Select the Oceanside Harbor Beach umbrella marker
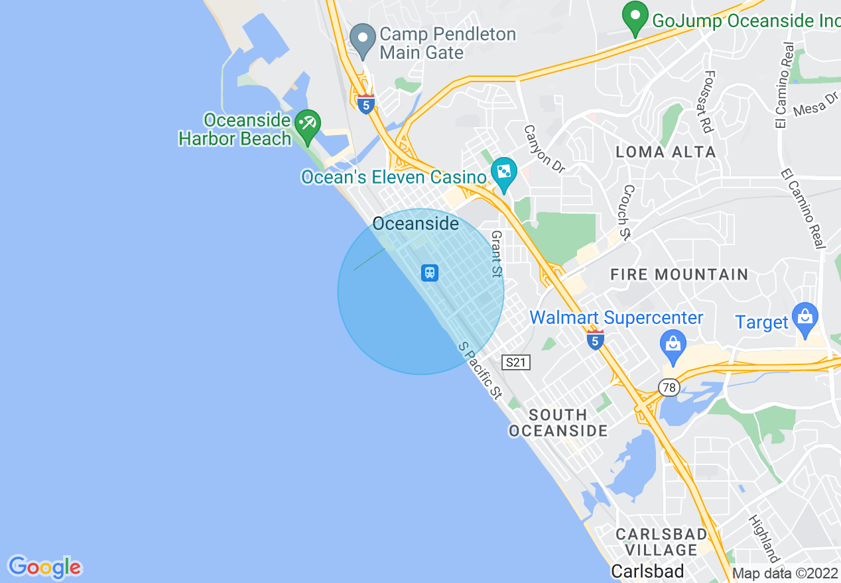308,126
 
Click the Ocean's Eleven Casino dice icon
503,173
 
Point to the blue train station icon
430,272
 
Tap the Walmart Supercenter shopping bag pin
673,344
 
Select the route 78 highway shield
669,387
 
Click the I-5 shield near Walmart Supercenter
595,341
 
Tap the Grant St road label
497,254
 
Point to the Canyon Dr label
544,149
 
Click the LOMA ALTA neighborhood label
665,152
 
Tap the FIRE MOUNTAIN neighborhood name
679,274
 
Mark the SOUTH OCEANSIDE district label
558,423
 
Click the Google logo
44,567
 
